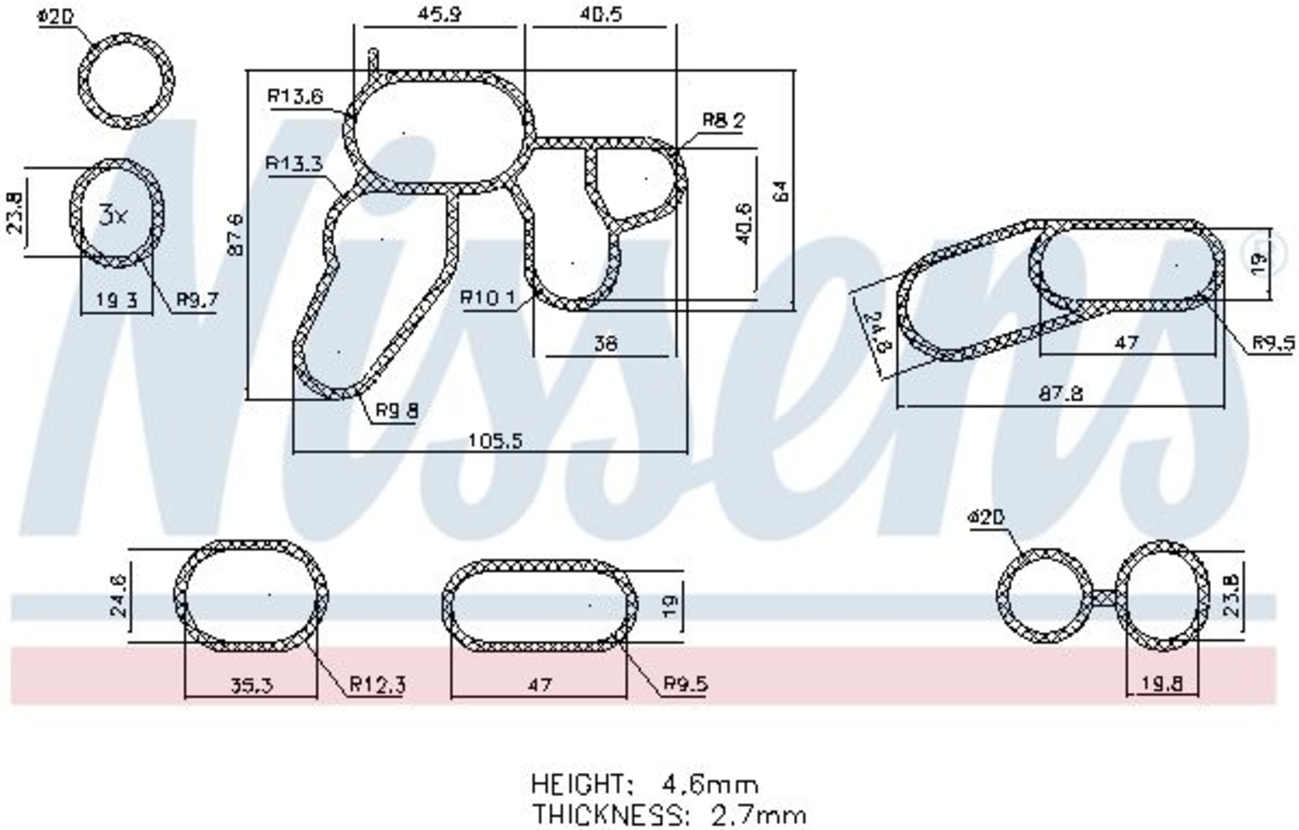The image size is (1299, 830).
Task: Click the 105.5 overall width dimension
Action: pos(495,441)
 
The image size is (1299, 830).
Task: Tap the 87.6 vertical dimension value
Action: pos(236,234)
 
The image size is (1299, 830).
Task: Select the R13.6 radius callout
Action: pos(295,97)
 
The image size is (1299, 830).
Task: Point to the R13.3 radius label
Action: pos(294,163)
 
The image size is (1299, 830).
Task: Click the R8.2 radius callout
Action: pos(724,120)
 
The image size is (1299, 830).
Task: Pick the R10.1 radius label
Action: pos(488,298)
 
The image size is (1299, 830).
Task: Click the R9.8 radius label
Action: pos(397,410)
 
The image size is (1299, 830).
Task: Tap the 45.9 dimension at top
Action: pos(439,14)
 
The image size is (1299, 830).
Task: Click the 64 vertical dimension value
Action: pos(781,190)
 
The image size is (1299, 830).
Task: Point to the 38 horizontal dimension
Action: pos(605,343)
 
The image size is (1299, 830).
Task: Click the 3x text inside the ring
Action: pos(113,214)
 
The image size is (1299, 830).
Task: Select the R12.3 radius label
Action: pos(377,684)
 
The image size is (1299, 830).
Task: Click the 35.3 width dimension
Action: pos(251,685)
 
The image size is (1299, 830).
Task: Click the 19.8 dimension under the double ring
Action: pos(1161,683)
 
